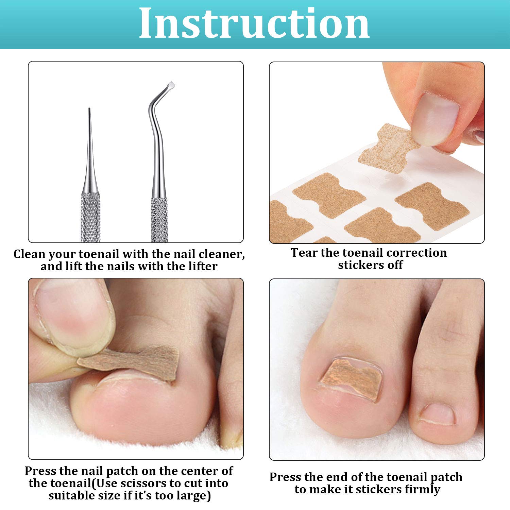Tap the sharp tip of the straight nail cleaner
pos(89,110)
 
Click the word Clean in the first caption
pos(29,254)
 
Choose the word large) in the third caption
pos(194,496)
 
